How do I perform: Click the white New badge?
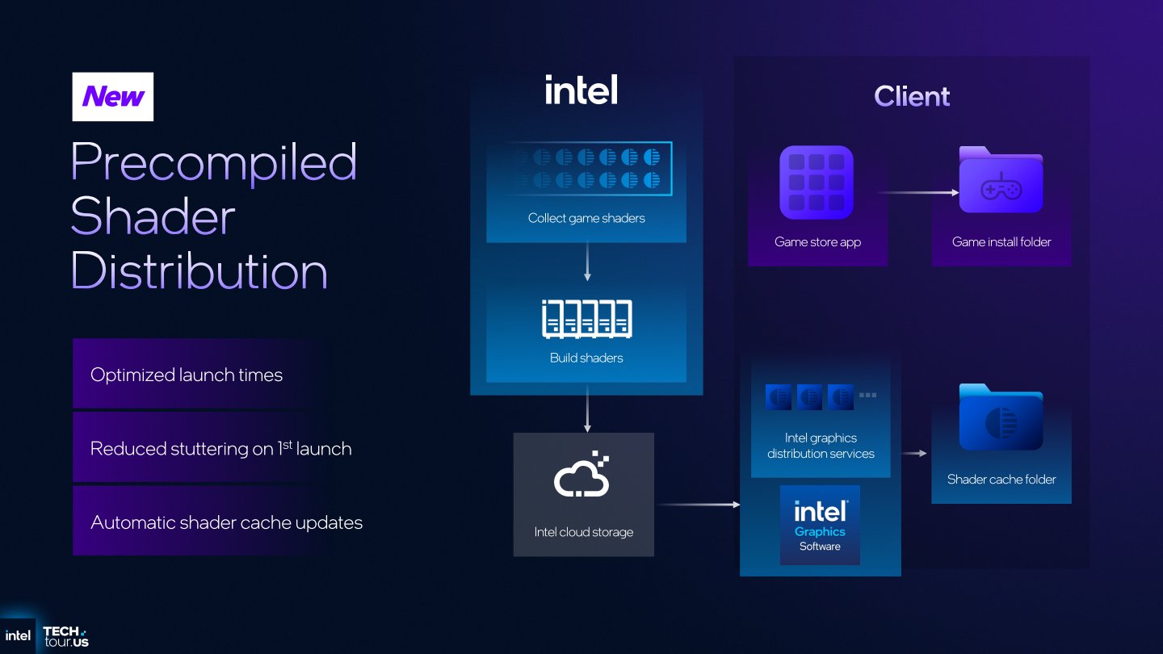pyautogui.click(x=113, y=97)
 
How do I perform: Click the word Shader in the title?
pyautogui.click(x=153, y=216)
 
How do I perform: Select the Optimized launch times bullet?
pyautogui.click(x=187, y=375)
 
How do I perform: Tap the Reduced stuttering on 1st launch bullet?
pyautogui.click(x=220, y=448)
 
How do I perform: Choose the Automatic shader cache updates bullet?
pyautogui.click(x=226, y=522)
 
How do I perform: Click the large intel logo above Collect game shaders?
pyautogui.click(x=581, y=90)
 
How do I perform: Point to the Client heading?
pyautogui.click(x=912, y=97)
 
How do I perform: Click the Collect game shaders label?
pyautogui.click(x=586, y=218)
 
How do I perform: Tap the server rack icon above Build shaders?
pyautogui.click(x=587, y=319)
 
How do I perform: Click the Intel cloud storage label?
pyautogui.click(x=583, y=532)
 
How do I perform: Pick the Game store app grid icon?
pyautogui.click(x=817, y=182)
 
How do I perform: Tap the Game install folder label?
pyautogui.click(x=1001, y=241)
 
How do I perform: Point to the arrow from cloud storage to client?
pyautogui.click(x=698, y=505)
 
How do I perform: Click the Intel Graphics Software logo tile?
pyautogui.click(x=820, y=525)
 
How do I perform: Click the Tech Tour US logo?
pyautogui.click(x=65, y=636)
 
